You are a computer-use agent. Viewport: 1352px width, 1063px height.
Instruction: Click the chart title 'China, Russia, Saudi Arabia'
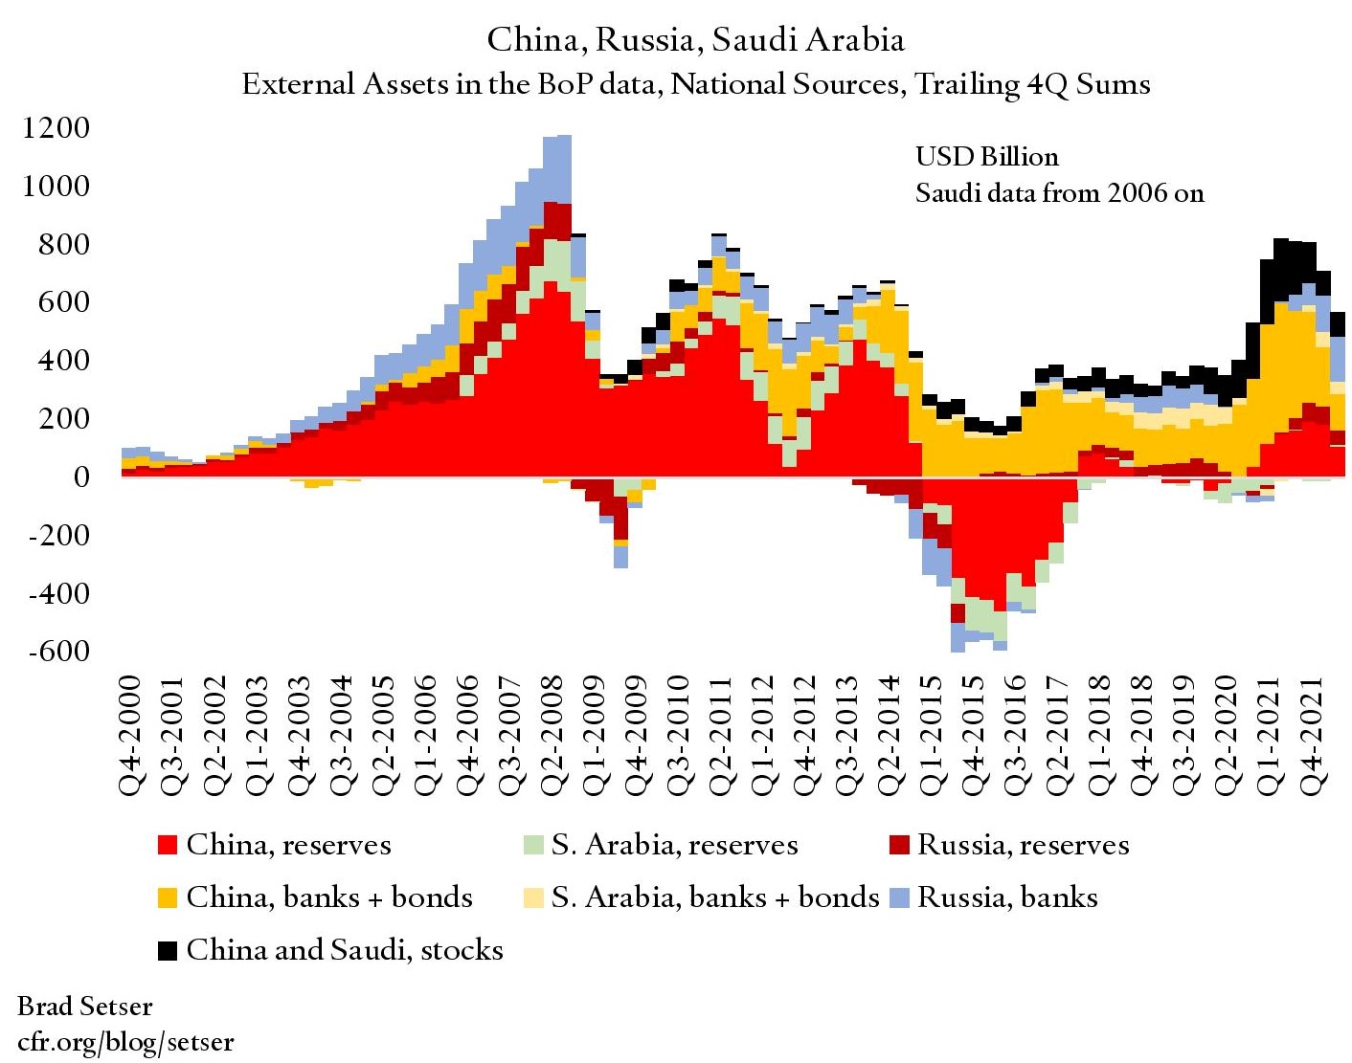tap(695, 40)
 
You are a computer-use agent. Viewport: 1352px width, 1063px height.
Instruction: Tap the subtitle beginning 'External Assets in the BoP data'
tap(695, 84)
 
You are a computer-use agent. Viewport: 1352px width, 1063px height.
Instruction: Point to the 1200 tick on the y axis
tap(56, 127)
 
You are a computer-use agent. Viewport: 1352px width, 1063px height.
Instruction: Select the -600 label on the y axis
tap(59, 651)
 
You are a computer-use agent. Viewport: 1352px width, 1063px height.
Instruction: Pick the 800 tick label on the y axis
tap(64, 244)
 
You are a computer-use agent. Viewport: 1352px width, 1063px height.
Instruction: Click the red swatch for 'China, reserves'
tap(168, 846)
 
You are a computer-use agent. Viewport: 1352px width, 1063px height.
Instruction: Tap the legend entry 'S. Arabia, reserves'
tap(673, 845)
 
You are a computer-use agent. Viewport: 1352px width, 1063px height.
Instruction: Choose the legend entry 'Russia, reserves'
tap(1023, 845)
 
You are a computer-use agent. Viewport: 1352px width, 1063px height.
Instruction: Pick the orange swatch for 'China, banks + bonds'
tap(168, 898)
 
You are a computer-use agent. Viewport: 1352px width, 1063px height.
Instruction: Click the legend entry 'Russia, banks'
tap(1006, 897)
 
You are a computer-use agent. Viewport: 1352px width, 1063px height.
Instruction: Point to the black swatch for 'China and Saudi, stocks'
tap(168, 951)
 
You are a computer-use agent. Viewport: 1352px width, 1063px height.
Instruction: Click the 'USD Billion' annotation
tap(986, 157)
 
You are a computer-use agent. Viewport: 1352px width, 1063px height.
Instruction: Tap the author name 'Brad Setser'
tap(84, 1007)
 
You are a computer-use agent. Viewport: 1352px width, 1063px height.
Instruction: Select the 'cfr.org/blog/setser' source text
tap(125, 1042)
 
